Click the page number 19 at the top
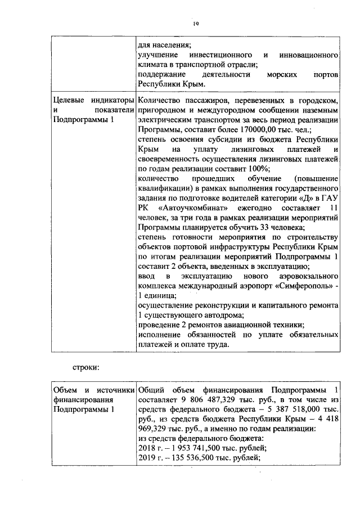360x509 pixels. click(x=195, y=24)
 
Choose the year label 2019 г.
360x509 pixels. click(x=147, y=459)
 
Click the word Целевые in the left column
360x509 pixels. click(x=69, y=100)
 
